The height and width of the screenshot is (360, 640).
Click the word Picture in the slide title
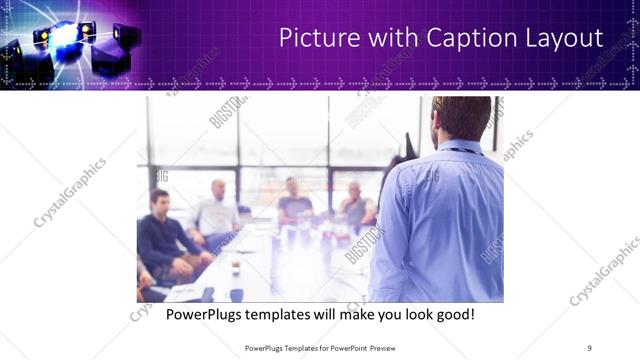click(315, 38)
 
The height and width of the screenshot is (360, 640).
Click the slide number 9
click(589, 347)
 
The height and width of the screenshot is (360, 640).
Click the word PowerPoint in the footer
click(346, 347)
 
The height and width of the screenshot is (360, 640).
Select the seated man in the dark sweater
click(165, 235)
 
